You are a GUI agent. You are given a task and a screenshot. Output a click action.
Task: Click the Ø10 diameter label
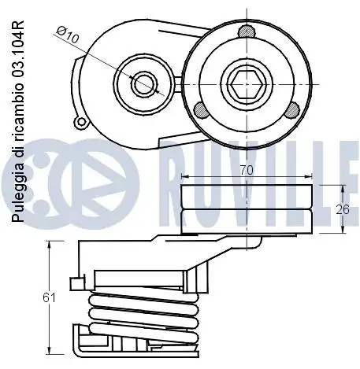[68, 35]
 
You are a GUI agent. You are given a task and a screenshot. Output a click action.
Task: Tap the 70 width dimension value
[247, 171]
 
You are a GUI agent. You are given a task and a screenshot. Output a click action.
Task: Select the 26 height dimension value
[343, 209]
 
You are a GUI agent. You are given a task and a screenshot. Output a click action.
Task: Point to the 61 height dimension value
[49, 297]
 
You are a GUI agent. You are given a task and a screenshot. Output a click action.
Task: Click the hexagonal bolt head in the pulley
[247, 84]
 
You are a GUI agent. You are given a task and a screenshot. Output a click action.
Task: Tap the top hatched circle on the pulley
[247, 31]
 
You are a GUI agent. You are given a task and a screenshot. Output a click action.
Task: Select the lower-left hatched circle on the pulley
[202, 110]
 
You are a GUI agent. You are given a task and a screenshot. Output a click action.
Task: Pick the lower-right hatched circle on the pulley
[292, 110]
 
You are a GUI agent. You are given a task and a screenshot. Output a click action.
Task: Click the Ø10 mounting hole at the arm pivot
[144, 84]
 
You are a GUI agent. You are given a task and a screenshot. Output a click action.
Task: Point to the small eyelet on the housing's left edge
[81, 122]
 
